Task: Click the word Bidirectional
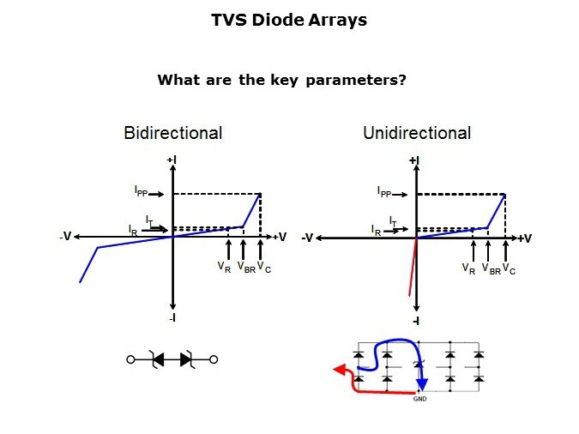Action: click(172, 133)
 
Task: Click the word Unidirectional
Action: click(417, 133)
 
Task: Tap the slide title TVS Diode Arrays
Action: click(289, 20)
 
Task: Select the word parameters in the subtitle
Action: click(356, 80)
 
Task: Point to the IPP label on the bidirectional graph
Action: click(141, 192)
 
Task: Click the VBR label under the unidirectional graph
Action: click(492, 269)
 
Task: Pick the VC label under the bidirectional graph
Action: click(264, 267)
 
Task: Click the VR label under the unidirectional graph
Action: click(468, 269)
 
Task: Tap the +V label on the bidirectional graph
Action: click(280, 237)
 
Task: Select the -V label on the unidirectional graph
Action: click(307, 238)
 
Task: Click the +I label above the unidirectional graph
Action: click(414, 160)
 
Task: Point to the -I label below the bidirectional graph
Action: click(172, 317)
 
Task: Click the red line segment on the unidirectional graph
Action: click(413, 267)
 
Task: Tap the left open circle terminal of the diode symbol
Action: click(130, 359)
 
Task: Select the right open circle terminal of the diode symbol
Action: click(214, 359)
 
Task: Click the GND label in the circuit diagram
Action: click(419, 399)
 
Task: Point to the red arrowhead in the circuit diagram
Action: click(340, 370)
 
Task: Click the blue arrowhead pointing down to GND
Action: click(422, 384)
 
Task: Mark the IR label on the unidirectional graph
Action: click(376, 230)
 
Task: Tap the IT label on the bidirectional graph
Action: click(149, 220)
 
